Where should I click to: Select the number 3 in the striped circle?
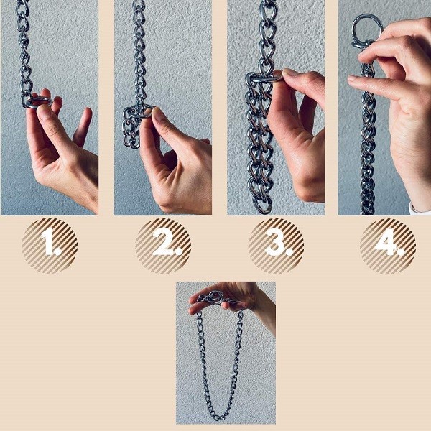[274, 242]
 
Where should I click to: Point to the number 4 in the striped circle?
[385, 242]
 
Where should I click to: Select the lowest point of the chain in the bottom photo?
[218, 420]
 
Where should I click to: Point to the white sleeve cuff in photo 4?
[420, 210]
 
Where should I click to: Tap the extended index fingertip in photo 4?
[353, 78]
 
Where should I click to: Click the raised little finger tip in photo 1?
[88, 111]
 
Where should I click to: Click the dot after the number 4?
[400, 251]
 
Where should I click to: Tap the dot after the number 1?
[57, 251]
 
